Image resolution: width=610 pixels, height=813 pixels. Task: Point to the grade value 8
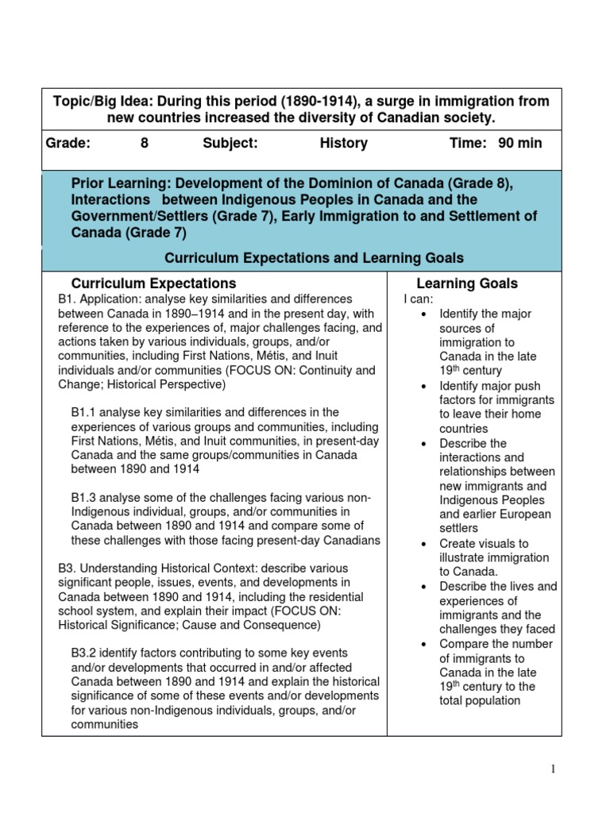point(144,143)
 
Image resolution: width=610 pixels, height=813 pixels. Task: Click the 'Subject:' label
point(230,143)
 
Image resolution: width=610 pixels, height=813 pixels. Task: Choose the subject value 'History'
point(343,143)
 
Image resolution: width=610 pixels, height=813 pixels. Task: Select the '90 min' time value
point(520,143)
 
